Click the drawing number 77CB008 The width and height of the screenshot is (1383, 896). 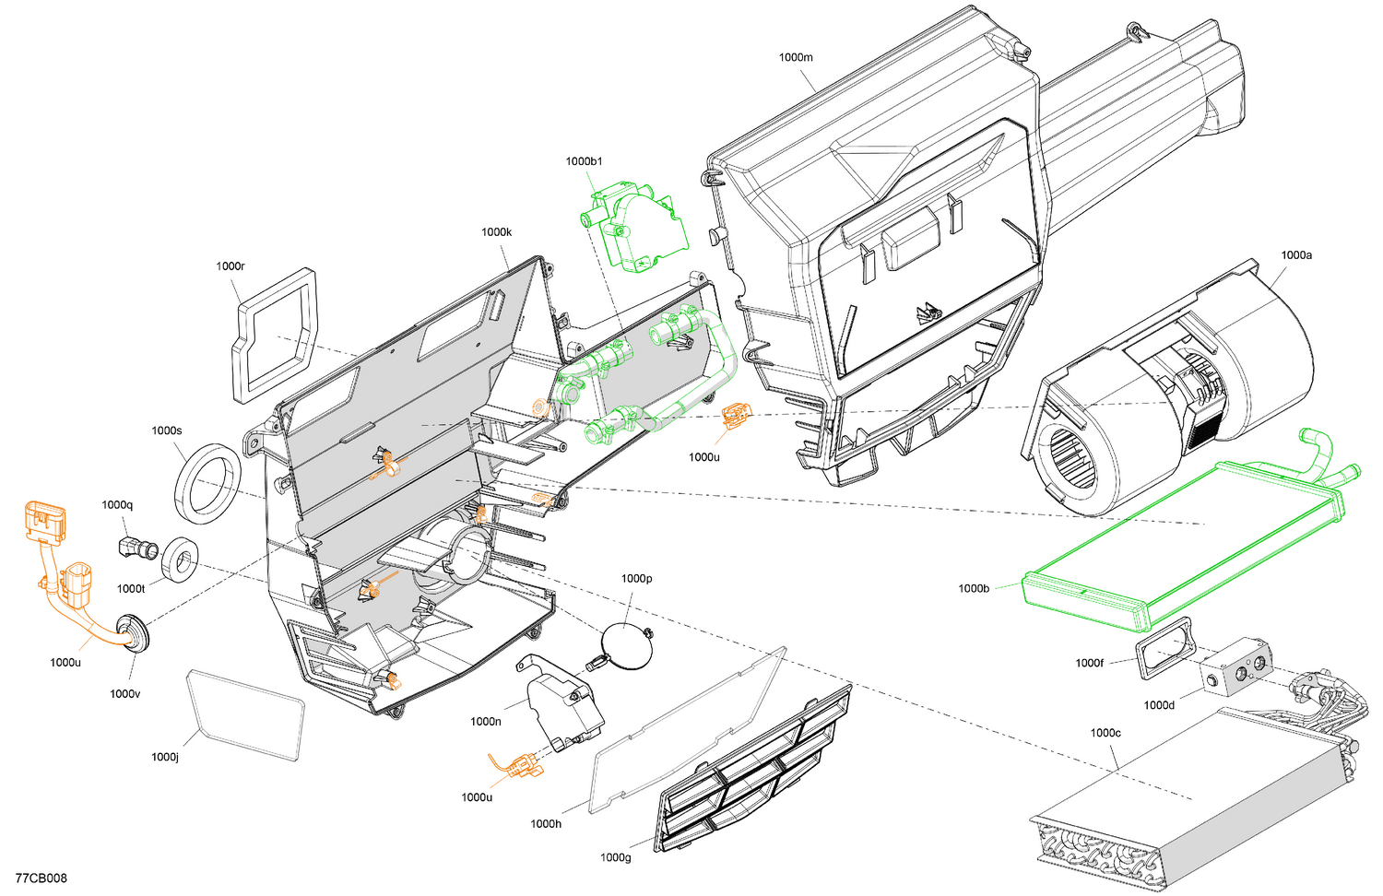click(x=41, y=878)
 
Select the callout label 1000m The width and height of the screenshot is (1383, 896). click(x=796, y=57)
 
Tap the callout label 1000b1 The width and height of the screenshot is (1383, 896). click(x=584, y=161)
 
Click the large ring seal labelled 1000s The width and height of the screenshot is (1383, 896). click(x=208, y=479)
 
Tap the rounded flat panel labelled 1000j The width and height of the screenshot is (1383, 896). click(x=246, y=713)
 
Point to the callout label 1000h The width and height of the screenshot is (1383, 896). click(x=546, y=823)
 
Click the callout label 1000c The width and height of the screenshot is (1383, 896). click(x=1105, y=733)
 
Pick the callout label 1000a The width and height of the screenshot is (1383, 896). click(x=1295, y=255)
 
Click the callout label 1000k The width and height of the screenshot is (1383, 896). click(x=496, y=232)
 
